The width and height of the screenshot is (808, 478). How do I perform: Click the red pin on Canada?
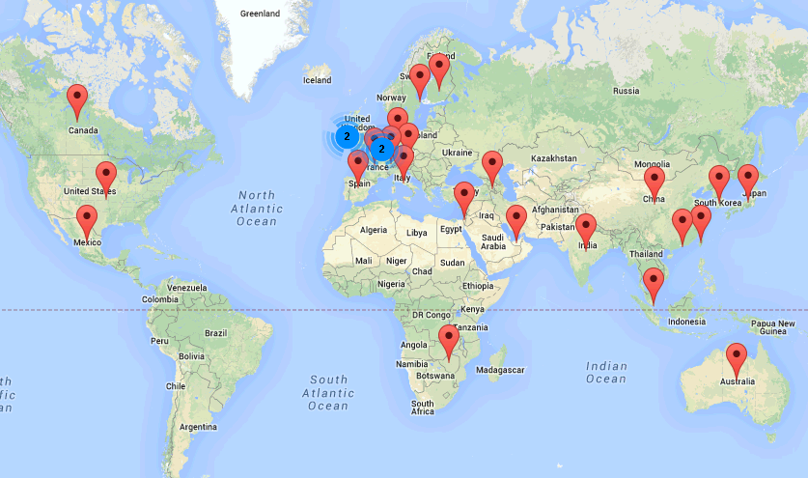[x=77, y=99]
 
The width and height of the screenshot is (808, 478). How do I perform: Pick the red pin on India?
[x=586, y=230]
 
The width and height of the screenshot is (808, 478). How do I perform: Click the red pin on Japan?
[x=748, y=180]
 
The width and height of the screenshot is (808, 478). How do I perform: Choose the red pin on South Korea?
[x=718, y=181]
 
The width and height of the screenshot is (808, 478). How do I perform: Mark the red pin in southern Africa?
[x=448, y=341]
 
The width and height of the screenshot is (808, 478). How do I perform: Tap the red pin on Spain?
[x=358, y=165]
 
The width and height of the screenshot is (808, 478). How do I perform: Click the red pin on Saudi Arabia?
[x=515, y=220]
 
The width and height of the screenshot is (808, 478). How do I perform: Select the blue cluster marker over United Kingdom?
[x=347, y=137]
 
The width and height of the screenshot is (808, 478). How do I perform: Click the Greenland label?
[x=260, y=14]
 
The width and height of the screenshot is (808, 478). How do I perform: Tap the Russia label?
[x=626, y=91]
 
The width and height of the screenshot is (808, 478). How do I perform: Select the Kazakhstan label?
[x=552, y=157]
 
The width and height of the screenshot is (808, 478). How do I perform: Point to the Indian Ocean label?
[x=605, y=372]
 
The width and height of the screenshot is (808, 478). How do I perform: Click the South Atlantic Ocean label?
[x=328, y=393]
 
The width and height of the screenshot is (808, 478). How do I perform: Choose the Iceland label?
[x=317, y=80]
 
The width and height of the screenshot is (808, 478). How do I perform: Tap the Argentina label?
[x=198, y=426]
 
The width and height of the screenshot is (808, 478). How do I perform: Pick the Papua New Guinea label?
[x=772, y=327]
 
